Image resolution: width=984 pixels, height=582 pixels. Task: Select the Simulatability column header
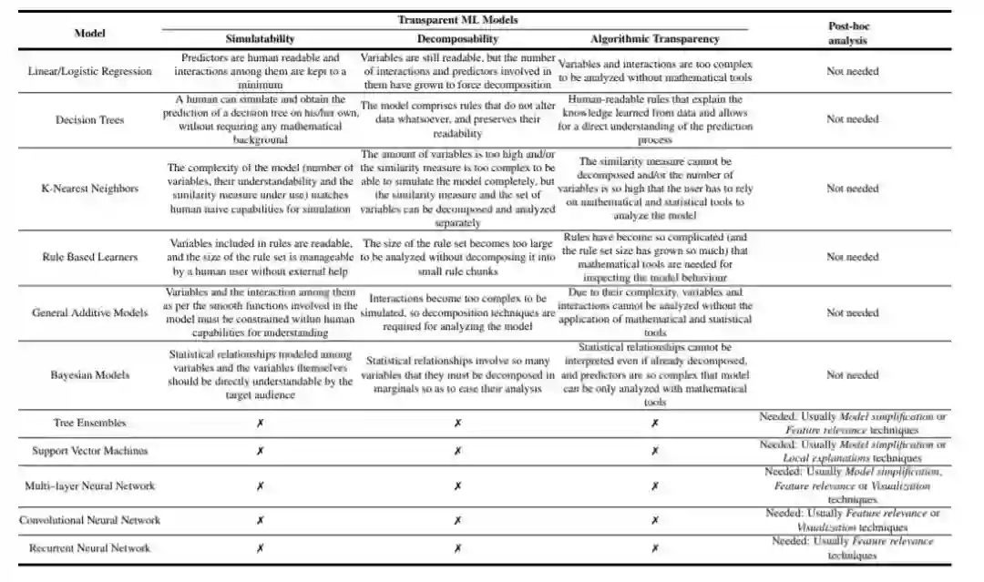click(260, 39)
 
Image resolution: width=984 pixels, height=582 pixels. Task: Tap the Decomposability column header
click(457, 39)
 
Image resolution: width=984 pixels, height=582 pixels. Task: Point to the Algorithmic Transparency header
click(654, 39)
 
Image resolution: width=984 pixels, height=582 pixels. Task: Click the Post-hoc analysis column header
click(847, 34)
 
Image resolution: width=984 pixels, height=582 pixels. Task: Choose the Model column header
click(89, 33)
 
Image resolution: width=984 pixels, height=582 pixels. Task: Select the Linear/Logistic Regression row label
click(89, 71)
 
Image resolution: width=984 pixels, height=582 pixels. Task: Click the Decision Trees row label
click(89, 119)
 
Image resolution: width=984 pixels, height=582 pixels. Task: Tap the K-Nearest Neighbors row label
click(89, 189)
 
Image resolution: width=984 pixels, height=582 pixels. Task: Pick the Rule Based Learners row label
click(89, 257)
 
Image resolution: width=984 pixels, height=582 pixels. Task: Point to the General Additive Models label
click(89, 312)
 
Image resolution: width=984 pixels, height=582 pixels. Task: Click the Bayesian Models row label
click(89, 374)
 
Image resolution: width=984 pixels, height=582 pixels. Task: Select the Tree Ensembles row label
click(89, 423)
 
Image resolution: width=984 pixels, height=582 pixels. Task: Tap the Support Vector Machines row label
click(89, 451)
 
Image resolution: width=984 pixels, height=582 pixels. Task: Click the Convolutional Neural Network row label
click(89, 520)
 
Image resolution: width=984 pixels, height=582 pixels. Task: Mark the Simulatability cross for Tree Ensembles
click(260, 424)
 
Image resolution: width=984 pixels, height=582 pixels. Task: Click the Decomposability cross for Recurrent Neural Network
click(457, 548)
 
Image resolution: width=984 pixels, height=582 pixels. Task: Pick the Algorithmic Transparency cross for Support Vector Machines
click(654, 451)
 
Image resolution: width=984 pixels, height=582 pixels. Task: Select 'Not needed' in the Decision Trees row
click(853, 119)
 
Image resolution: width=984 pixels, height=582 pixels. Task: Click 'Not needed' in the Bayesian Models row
click(853, 374)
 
